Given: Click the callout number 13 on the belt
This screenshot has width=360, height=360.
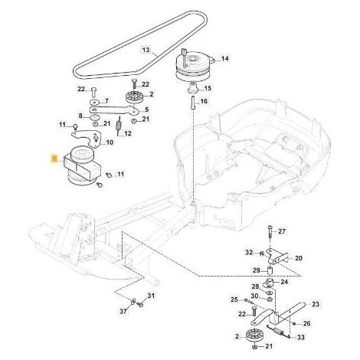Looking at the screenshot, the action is (x=146, y=49).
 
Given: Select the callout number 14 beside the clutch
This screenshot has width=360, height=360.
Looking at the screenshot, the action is (x=224, y=58).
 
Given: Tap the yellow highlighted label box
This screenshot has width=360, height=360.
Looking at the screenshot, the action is (x=54, y=159).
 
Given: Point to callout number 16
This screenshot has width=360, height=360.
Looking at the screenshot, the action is (x=204, y=101).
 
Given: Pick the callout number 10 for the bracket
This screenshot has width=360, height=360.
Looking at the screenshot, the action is (x=110, y=142).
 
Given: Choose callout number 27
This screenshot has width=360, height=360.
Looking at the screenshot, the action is (x=282, y=231).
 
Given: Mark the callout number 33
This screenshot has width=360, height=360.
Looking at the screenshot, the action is (x=301, y=337).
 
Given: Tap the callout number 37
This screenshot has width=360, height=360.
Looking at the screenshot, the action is (x=123, y=311).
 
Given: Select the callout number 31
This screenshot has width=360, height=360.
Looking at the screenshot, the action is (x=151, y=296).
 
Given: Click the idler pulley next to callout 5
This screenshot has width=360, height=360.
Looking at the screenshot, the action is (x=133, y=97).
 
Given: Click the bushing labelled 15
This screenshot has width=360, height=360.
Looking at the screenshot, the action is (x=192, y=89).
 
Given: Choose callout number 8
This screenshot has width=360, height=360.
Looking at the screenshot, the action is (x=80, y=116).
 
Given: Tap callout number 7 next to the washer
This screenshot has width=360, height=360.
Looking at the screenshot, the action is (x=106, y=100).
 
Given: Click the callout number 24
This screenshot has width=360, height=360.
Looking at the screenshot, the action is (x=284, y=282).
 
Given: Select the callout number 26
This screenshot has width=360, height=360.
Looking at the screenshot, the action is (x=306, y=323).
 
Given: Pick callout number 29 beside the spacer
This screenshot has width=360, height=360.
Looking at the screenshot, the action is (x=256, y=270).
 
